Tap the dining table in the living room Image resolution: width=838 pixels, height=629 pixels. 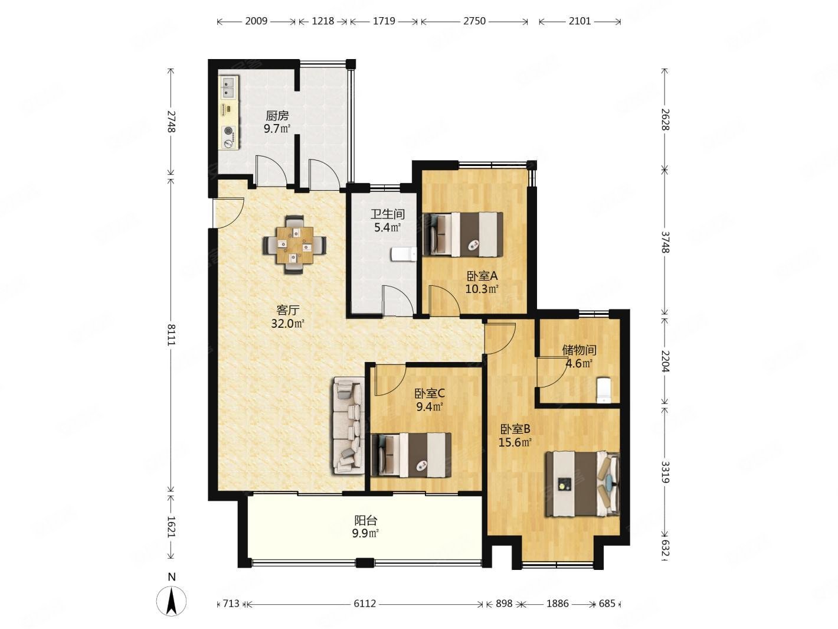click(x=294, y=245)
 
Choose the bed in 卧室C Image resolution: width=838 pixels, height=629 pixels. click(x=411, y=455)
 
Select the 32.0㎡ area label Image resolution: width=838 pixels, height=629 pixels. click(x=287, y=324)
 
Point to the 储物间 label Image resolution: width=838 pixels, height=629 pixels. click(x=579, y=350)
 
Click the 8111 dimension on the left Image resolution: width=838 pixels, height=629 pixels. click(x=171, y=334)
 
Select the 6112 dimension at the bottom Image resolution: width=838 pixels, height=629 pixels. click(x=365, y=604)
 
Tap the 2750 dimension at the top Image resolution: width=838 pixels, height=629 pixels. click(x=474, y=21)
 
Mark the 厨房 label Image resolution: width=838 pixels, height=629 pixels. click(x=277, y=115)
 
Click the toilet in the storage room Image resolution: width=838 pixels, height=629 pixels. click(x=604, y=390)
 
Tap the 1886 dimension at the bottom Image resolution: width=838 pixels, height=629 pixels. click(x=558, y=604)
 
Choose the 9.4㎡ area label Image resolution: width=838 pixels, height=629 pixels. click(x=430, y=407)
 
